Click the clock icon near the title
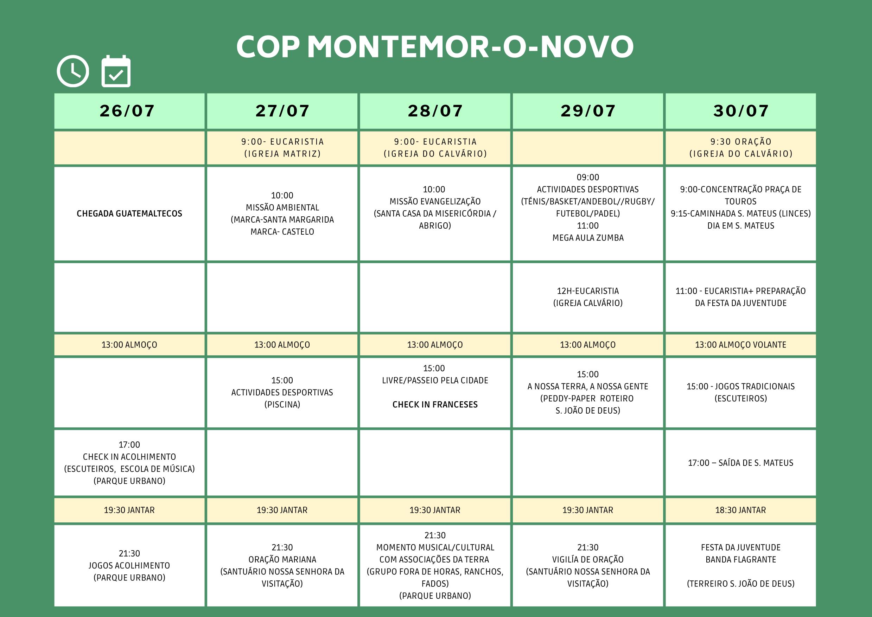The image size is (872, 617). (x=73, y=71)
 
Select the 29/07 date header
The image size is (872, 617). (x=588, y=110)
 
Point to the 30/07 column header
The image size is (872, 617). (x=740, y=110)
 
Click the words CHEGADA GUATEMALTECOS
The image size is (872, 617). (x=129, y=214)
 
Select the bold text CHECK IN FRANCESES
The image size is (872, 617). (x=435, y=405)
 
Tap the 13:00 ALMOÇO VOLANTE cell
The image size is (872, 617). (x=740, y=345)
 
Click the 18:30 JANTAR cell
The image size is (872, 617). (x=740, y=510)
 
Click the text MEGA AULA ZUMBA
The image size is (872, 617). (x=588, y=238)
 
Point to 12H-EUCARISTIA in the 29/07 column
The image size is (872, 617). (x=588, y=291)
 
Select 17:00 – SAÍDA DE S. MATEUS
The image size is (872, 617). (x=740, y=463)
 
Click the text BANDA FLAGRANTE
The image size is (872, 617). (x=740, y=560)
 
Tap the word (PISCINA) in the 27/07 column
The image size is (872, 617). (x=282, y=405)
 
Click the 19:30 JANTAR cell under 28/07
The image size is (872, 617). (x=435, y=510)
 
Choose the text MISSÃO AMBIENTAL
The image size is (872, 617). (x=282, y=208)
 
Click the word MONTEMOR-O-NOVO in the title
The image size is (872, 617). (x=470, y=47)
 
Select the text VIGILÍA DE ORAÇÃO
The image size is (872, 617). (x=588, y=560)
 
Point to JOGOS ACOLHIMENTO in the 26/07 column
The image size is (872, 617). (x=129, y=565)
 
